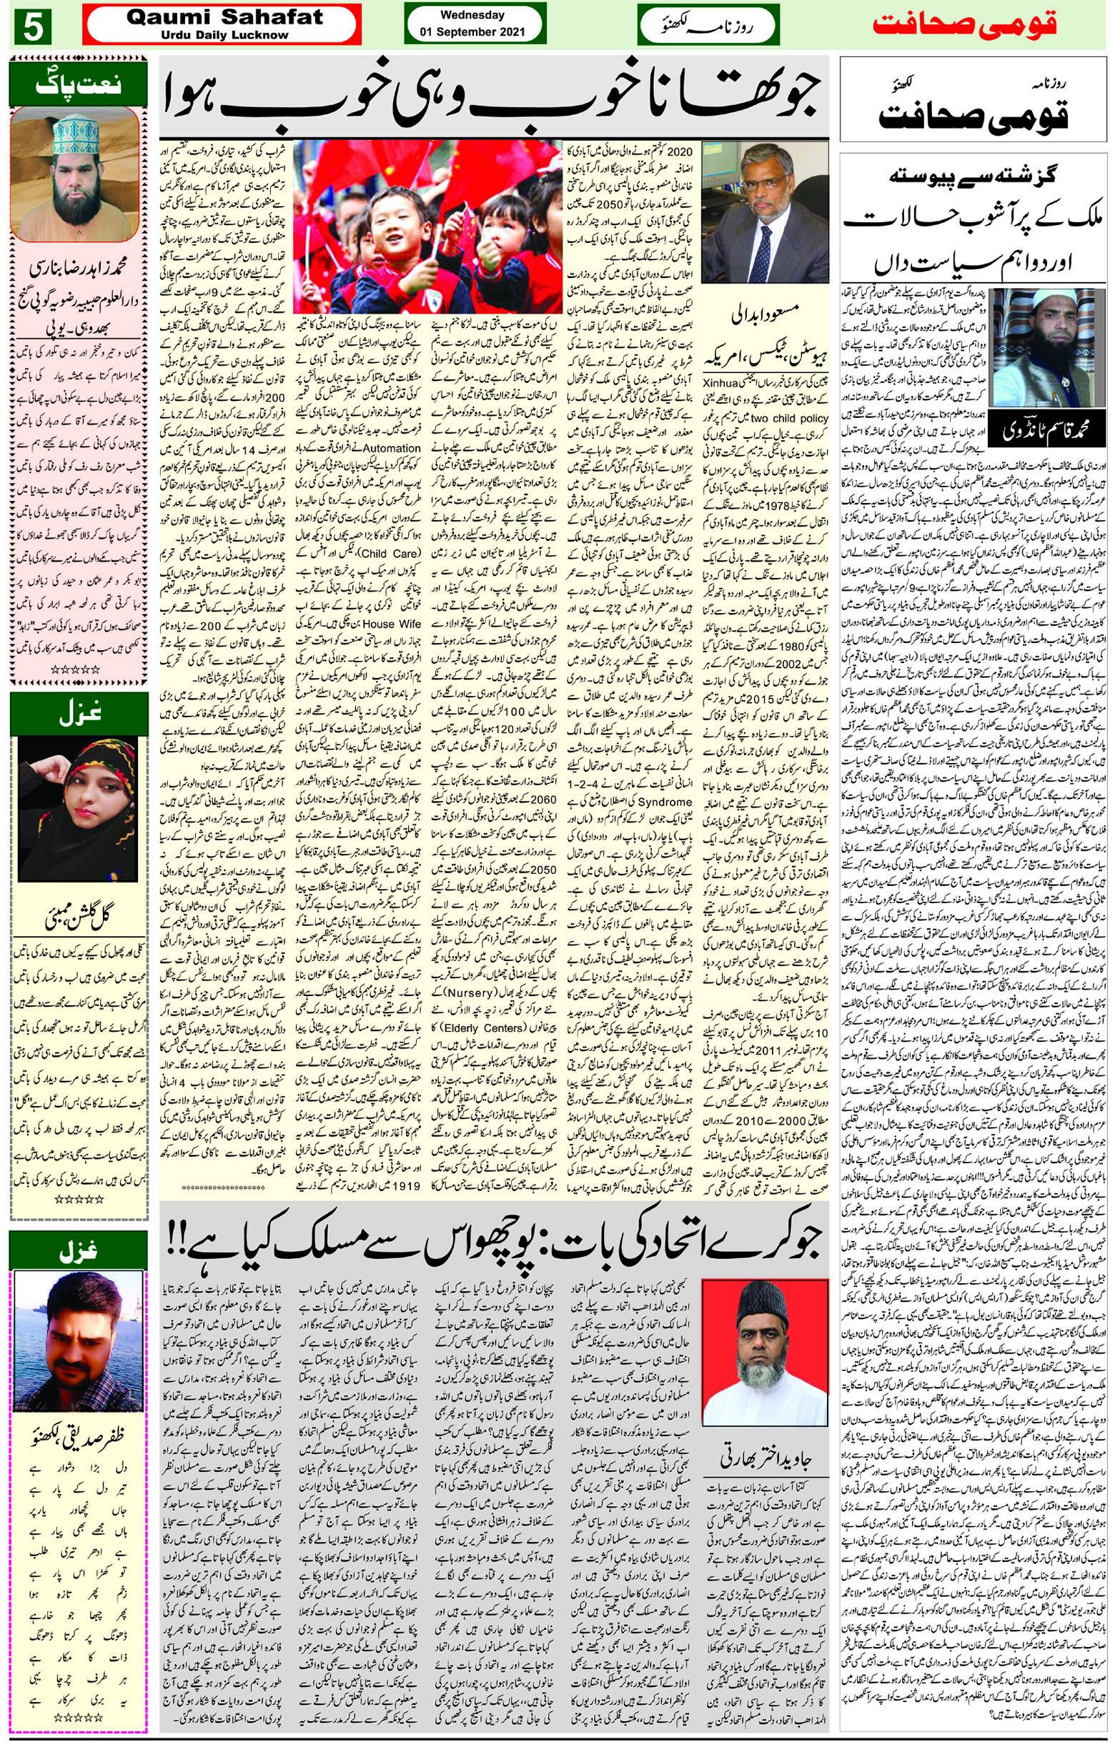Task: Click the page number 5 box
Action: (x=32, y=29)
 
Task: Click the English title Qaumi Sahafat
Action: (x=224, y=18)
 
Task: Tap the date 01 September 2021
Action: (x=475, y=33)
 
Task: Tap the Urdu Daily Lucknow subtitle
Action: (x=224, y=35)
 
